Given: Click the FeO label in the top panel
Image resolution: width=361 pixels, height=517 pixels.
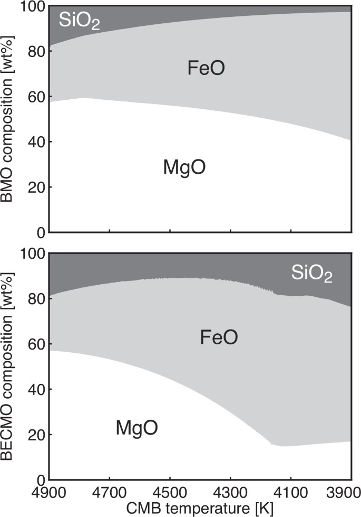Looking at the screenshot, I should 207,68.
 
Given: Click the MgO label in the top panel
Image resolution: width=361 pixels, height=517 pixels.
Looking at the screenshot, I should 184,167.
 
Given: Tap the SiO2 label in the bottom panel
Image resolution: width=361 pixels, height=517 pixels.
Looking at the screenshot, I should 312,274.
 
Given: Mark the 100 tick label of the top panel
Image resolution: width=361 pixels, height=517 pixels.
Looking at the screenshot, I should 31,7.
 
